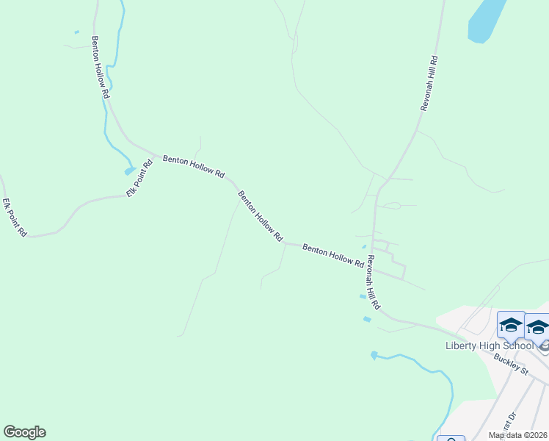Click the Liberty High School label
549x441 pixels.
point(490,345)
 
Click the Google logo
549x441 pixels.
point(24,432)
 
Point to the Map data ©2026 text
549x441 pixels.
point(518,435)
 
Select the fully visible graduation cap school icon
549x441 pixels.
point(511,324)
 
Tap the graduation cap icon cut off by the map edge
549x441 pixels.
point(538,326)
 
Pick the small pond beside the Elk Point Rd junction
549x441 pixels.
point(130,171)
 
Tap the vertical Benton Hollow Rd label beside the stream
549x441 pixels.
point(101,68)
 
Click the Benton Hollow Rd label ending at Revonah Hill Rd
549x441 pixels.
point(333,255)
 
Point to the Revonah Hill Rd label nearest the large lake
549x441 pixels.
point(429,82)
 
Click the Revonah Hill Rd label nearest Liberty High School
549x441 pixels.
point(374,282)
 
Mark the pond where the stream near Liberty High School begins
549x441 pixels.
point(374,355)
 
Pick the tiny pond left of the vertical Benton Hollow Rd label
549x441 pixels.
point(76,32)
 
